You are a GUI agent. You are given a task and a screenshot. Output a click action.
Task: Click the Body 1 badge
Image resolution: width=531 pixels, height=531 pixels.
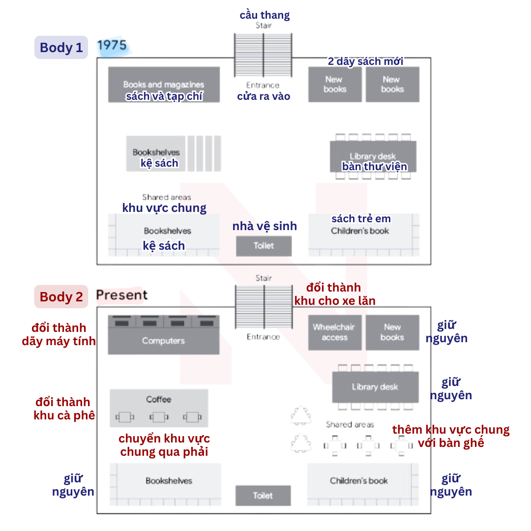tap(61, 47)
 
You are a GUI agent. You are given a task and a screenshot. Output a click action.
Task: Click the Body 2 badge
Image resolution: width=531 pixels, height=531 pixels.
tap(61, 296)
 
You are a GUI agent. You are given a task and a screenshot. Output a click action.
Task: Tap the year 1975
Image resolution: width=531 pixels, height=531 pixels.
tap(112, 45)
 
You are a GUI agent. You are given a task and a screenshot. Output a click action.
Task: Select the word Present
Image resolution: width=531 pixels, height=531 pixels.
tap(122, 295)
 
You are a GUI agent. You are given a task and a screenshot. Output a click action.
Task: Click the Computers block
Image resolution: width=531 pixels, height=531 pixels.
tap(164, 335)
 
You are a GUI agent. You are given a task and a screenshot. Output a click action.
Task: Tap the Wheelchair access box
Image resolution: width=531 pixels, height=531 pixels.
tap(335, 332)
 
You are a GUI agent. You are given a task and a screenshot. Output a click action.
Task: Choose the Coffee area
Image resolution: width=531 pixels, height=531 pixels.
tap(159, 408)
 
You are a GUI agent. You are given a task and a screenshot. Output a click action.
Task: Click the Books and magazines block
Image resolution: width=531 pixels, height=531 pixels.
tap(164, 85)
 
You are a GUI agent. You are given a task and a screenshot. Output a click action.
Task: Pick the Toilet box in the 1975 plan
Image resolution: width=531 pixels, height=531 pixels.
tap(264, 246)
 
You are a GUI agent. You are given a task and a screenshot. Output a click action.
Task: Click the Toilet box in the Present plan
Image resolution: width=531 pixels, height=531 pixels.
tap(263, 496)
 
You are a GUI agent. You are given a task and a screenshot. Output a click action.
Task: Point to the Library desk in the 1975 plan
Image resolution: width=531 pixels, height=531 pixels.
tap(373, 156)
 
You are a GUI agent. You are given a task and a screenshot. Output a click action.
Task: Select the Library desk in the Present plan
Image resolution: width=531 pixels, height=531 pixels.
tap(375, 387)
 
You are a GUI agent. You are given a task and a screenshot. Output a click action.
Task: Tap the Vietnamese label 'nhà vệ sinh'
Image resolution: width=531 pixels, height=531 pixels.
tap(265, 226)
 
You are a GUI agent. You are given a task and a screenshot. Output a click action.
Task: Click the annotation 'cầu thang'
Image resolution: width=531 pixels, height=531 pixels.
tap(265, 15)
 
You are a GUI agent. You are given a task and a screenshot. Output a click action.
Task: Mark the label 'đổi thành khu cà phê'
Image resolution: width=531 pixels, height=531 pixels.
tap(64, 409)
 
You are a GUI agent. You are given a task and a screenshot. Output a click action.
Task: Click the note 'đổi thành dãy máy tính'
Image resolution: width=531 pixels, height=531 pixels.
tap(59, 334)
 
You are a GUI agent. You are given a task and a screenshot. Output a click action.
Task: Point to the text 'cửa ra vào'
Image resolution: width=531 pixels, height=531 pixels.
tap(264, 96)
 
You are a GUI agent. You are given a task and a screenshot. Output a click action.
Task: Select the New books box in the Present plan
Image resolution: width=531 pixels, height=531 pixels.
tap(392, 332)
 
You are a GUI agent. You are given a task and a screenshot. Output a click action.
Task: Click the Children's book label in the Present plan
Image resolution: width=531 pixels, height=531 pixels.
tap(359, 480)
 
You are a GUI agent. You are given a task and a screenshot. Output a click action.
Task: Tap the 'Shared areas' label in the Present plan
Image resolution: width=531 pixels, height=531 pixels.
tap(350, 424)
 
